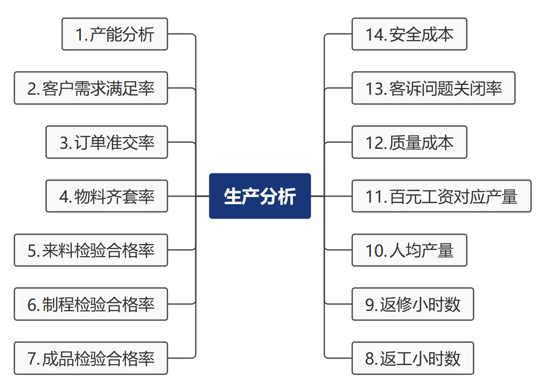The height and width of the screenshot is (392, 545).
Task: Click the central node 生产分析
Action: tap(260, 196)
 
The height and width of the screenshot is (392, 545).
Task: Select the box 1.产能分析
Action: tap(115, 34)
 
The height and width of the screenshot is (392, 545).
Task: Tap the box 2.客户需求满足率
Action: tap(91, 88)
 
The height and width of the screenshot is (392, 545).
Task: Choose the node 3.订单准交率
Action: tap(107, 143)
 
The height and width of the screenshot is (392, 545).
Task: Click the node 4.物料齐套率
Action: tap(107, 196)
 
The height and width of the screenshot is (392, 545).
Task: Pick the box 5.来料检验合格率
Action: tap(91, 250)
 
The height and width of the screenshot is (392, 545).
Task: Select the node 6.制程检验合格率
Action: tap(91, 304)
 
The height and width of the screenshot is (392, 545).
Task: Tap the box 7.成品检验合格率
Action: tap(91, 359)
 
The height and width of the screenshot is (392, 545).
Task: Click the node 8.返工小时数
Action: tap(413, 359)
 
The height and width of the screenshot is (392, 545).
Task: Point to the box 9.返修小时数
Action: tap(413, 304)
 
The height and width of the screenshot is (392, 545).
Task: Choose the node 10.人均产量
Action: tap(409, 250)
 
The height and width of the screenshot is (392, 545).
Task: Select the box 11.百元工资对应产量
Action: tap(441, 196)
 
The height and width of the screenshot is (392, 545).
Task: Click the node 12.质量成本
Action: tap(409, 143)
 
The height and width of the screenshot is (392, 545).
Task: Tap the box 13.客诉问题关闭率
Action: tap(433, 88)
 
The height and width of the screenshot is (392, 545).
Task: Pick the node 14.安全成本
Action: tap(409, 34)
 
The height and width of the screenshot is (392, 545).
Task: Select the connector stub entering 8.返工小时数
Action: tap(338, 359)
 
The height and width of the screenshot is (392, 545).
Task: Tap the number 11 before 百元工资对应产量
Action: tap(374, 197)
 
